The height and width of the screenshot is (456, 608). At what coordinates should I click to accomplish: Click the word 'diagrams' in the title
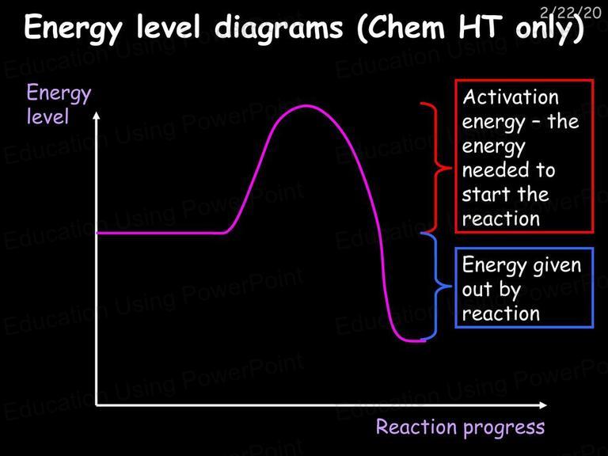click(x=279, y=28)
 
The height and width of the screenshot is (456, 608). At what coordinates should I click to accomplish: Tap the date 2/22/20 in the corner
click(x=570, y=13)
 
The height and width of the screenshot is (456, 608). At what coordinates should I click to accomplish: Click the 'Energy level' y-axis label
click(x=59, y=104)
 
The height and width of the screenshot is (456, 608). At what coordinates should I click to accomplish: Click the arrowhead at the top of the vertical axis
click(x=97, y=115)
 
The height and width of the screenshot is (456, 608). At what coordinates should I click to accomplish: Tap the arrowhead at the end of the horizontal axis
click(x=544, y=405)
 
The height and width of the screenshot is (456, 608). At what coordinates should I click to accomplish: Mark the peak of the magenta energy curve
click(x=306, y=105)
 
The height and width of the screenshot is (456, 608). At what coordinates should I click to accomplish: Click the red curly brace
click(x=437, y=168)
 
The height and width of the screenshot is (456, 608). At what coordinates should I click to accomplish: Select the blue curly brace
click(x=437, y=287)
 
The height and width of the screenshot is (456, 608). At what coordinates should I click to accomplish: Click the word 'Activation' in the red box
click(x=511, y=97)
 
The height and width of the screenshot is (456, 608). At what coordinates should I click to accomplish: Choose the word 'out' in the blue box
click(x=477, y=290)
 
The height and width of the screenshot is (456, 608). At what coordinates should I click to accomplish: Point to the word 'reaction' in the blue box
click(x=501, y=313)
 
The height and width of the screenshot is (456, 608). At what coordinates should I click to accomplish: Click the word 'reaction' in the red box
click(x=501, y=219)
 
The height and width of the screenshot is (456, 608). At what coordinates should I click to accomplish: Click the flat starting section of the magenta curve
click(x=160, y=233)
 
